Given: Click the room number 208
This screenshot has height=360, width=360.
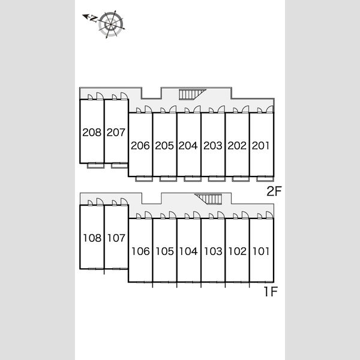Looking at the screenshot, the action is tap(92, 132).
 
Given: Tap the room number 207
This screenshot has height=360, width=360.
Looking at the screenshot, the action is tap(116, 132).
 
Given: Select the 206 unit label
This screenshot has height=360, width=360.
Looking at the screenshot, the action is tap(140, 146).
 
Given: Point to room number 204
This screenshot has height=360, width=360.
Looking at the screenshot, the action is tap(188, 146).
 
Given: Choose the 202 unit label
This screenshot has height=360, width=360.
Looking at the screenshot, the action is tap(237, 146).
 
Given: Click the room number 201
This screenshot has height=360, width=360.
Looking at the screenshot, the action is tap(260, 146).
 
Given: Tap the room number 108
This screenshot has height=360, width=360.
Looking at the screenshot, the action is tap(92, 238).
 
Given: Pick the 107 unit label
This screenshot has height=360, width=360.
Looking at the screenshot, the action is tap(116, 238).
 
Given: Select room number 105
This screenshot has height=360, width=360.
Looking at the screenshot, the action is tap(164, 251).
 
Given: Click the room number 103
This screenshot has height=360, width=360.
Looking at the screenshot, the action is tap(213, 251).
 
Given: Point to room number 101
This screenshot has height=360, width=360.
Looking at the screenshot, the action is tap(261, 251).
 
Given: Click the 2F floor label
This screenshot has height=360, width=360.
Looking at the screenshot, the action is tap(274, 191).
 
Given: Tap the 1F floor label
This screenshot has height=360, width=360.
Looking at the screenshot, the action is tap(271, 292).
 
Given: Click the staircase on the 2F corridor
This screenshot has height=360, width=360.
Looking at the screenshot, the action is tap(192, 94).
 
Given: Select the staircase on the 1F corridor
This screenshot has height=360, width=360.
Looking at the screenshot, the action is tap(209, 199).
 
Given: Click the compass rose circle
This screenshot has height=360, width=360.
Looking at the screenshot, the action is tap(111, 24).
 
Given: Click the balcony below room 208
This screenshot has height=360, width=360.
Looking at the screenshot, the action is tap(96, 166).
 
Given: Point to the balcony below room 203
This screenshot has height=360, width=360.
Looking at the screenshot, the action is tap(217, 179).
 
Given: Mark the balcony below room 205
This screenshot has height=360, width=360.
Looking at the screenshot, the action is tap(168, 179).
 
